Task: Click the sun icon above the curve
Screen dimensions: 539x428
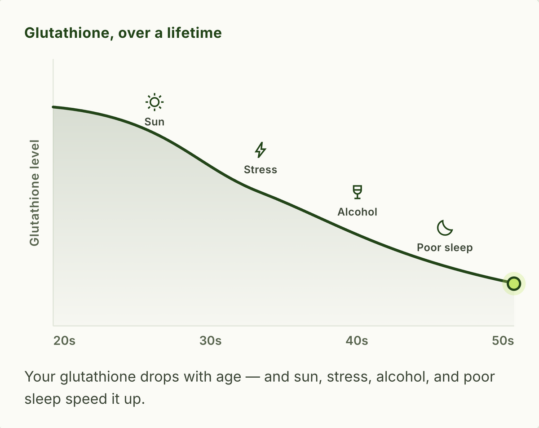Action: [155, 102]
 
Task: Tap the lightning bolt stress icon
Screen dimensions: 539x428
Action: [261, 150]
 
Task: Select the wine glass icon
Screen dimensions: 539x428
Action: [357, 192]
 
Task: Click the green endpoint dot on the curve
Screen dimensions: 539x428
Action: [514, 284]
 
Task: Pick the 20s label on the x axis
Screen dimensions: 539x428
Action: [64, 340]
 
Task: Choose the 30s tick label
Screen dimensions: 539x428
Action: [210, 340]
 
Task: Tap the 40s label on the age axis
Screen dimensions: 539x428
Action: [357, 340]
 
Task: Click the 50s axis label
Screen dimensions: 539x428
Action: [503, 340]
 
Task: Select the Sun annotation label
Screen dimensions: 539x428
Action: [155, 122]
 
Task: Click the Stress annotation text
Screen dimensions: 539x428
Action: [261, 170]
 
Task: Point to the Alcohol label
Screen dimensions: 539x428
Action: [357, 212]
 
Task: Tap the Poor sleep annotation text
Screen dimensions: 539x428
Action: [445, 248]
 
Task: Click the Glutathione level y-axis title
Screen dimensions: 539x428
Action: [34, 193]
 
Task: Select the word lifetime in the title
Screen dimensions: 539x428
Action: [194, 33]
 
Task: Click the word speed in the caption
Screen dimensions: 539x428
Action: [86, 399]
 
